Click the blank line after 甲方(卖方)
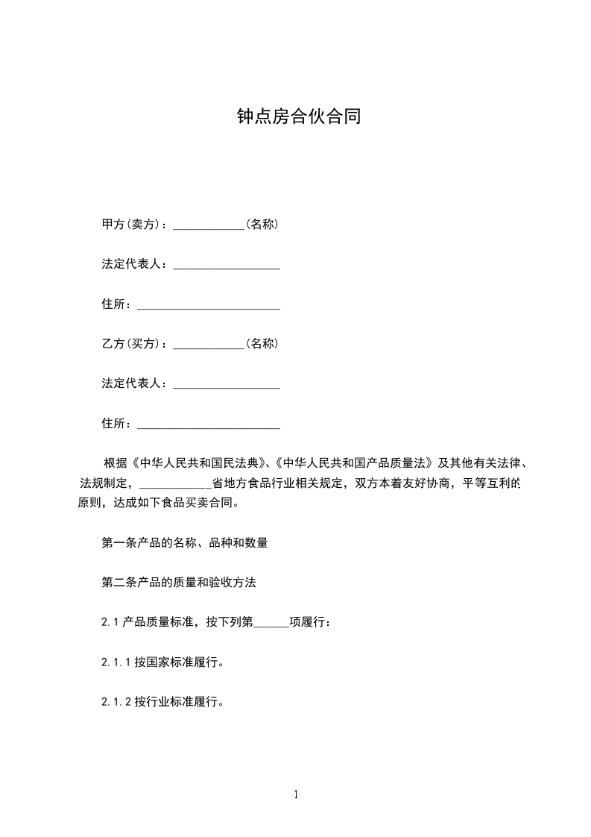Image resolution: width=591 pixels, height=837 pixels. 209,225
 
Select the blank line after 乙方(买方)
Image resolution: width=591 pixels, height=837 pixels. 209,345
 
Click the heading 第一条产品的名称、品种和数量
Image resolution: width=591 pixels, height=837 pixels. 185,543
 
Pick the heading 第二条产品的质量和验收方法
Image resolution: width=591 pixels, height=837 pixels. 179,583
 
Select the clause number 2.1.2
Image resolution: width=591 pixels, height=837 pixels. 116,702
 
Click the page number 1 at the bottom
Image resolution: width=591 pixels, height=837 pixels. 296,794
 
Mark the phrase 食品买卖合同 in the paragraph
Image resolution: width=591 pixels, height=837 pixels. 198,503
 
